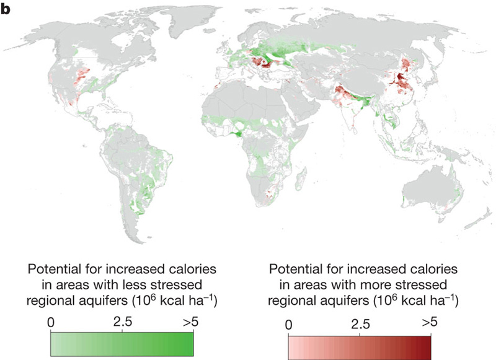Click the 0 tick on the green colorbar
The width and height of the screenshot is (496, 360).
pyautogui.click(x=51, y=323)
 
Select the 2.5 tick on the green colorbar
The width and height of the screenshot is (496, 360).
pyautogui.click(x=122, y=323)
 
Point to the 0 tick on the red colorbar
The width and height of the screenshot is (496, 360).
pyautogui.click(x=288, y=325)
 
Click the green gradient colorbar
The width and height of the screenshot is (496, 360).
pyautogui.click(x=122, y=343)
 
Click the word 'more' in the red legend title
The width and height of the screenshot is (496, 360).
pyautogui.click(x=386, y=286)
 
